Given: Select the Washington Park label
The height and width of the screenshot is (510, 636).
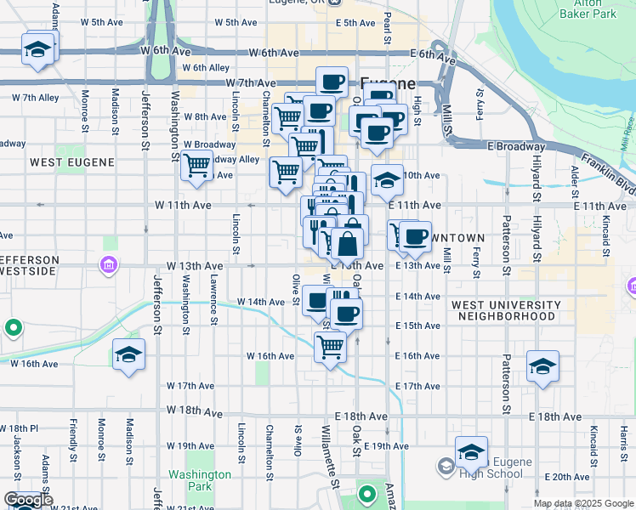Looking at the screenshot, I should tap(200, 480).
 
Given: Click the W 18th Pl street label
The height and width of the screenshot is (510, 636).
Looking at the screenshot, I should tap(20, 428).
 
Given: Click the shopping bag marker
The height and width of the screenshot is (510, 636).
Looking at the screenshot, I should tap(349, 244).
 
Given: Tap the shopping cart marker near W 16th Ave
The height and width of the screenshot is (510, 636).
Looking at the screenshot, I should tap(330, 346).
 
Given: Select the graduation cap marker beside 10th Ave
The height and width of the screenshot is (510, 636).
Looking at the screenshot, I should tap(387, 180).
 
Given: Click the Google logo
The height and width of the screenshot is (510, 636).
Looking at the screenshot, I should tap(28, 501).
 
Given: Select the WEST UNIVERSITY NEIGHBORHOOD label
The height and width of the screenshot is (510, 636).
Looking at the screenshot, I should tap(506, 310).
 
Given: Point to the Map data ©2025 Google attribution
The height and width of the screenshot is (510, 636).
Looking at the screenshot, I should tap(582, 503).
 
